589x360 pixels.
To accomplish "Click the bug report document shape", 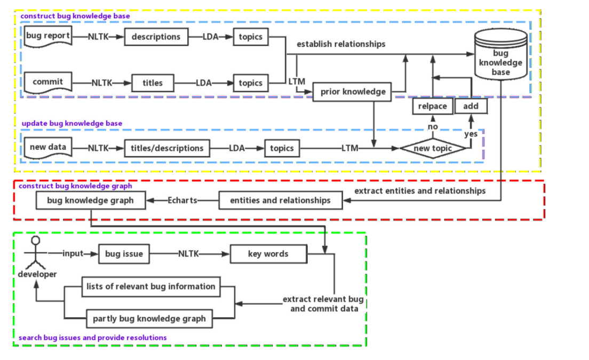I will (x=48, y=37).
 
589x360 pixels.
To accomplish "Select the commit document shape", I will (x=48, y=82).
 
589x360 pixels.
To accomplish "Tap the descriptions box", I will (x=156, y=37).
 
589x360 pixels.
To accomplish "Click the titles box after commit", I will (x=152, y=83).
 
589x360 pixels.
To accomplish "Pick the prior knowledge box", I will (x=353, y=92).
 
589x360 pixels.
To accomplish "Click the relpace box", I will (x=432, y=106).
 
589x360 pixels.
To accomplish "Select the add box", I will (x=471, y=106).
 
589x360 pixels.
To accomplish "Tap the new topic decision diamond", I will (x=433, y=148).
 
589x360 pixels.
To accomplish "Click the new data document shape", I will (x=48, y=148).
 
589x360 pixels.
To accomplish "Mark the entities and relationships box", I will (x=280, y=201).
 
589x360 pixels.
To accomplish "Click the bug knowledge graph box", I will (x=90, y=201).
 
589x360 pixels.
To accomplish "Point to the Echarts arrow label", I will (x=182, y=201).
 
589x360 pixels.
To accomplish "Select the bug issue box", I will (x=124, y=254).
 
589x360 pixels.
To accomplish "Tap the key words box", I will (x=268, y=254).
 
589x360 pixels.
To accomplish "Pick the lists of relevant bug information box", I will (x=150, y=286).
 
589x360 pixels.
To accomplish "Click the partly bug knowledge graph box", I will (x=149, y=319).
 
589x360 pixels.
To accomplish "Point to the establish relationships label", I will (x=341, y=44).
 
